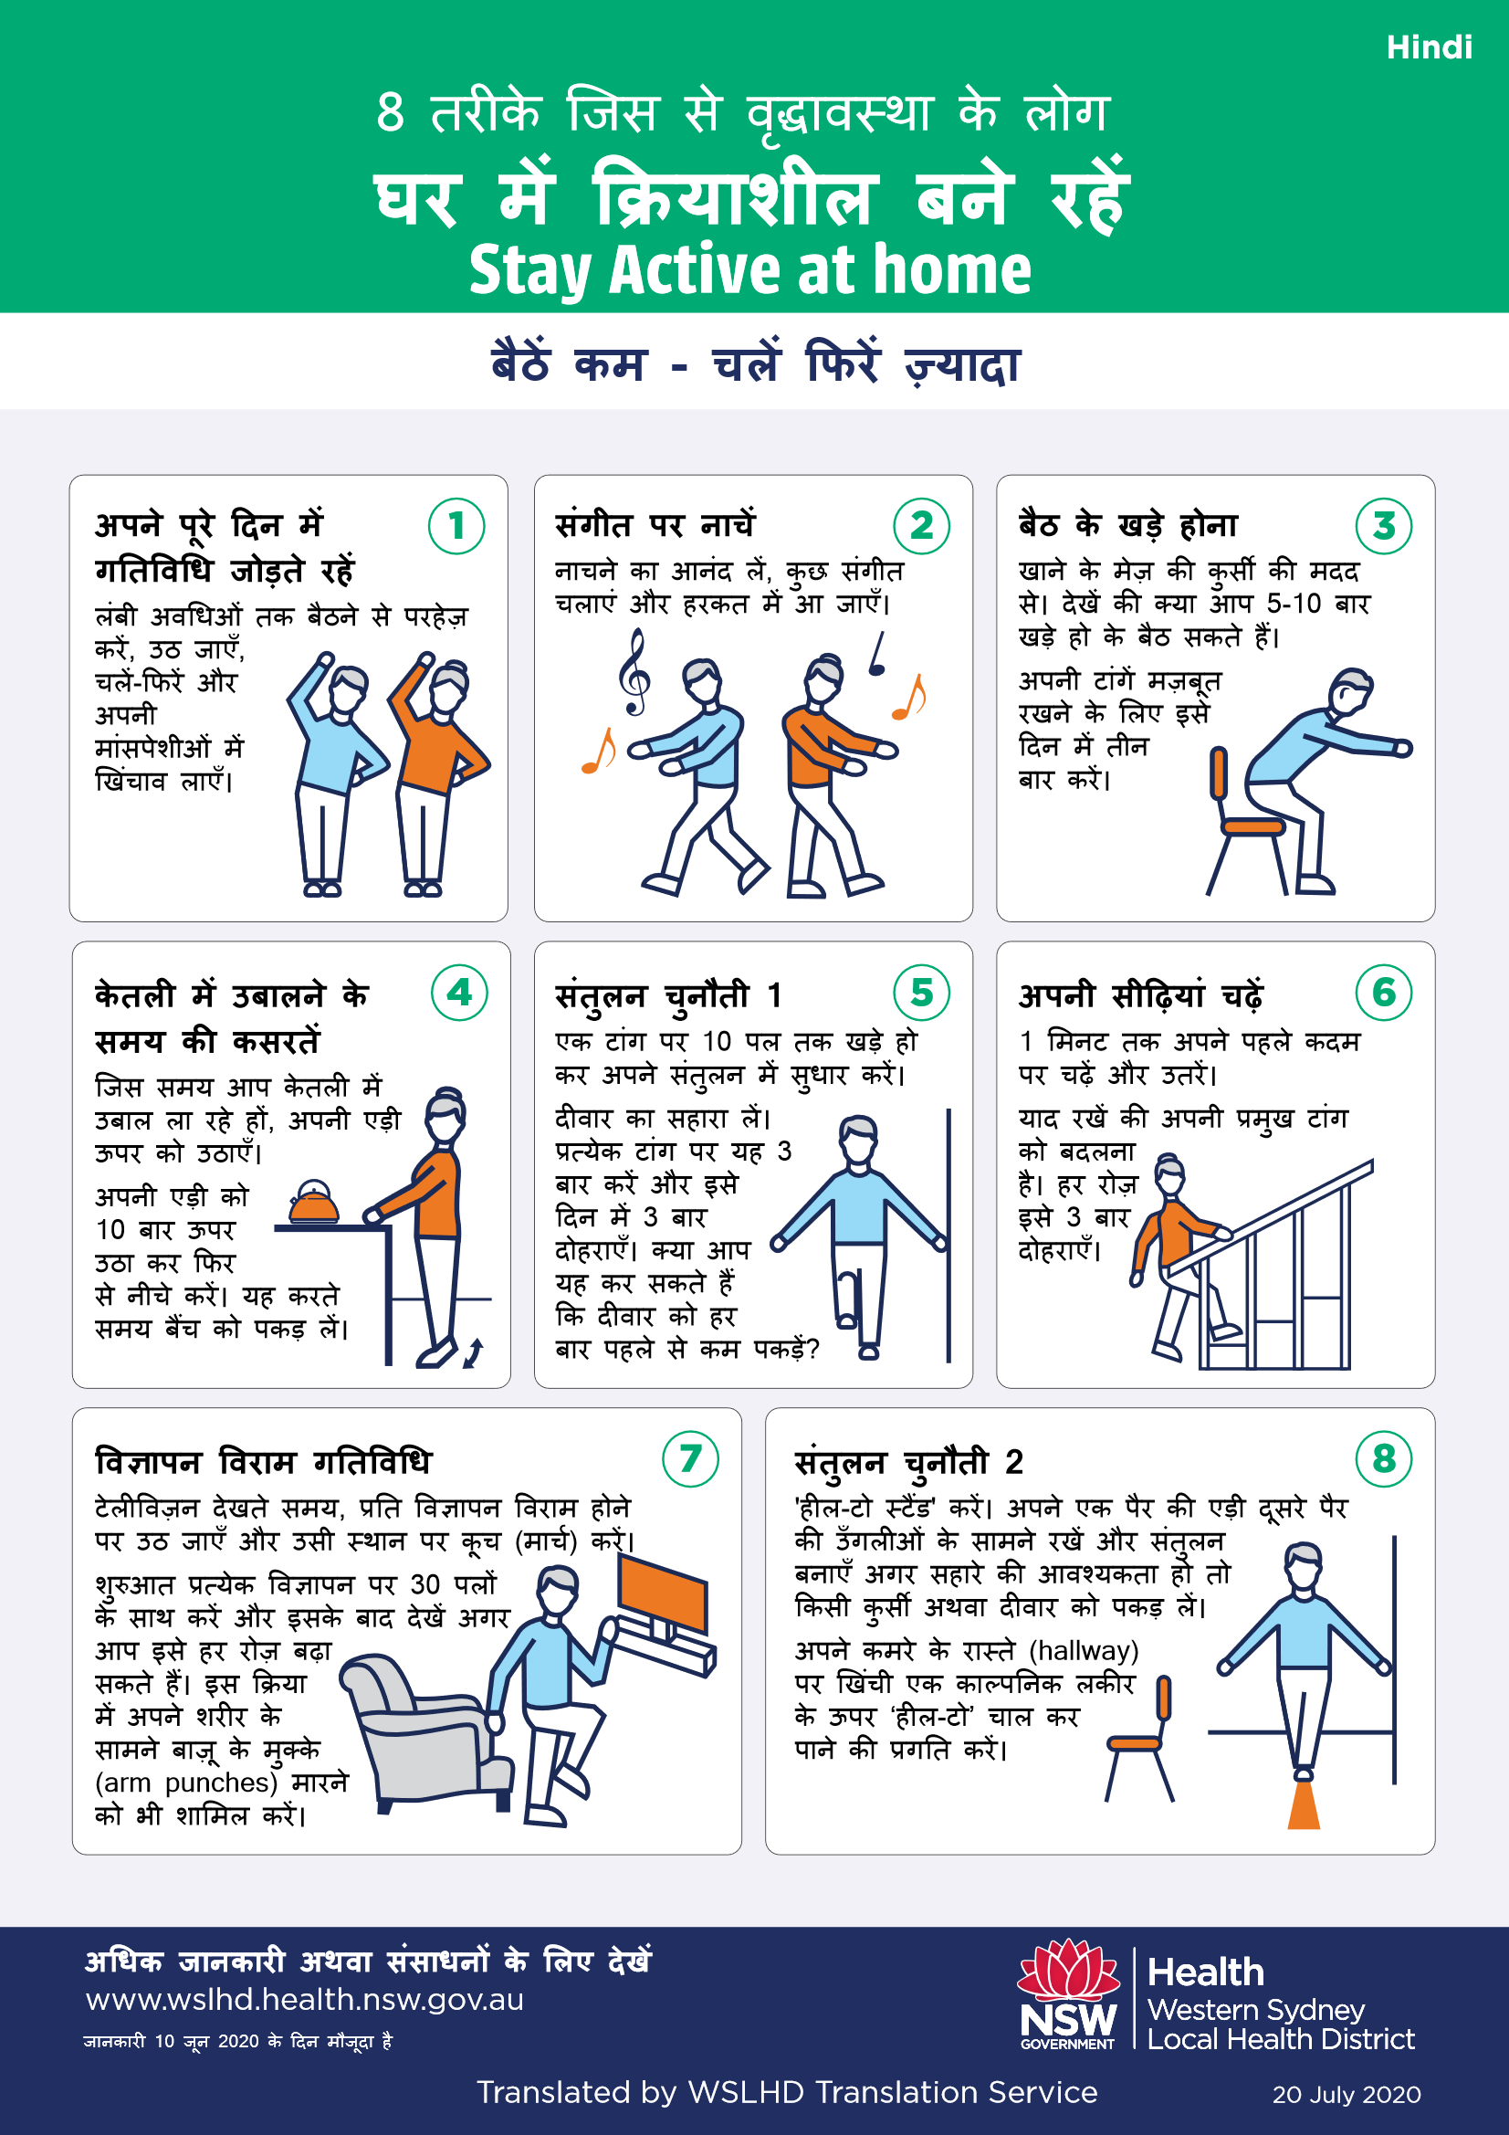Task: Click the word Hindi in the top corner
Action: pos(1428,47)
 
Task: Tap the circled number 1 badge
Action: pos(456,526)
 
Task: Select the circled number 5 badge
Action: pos(920,993)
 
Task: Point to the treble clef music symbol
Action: pos(635,671)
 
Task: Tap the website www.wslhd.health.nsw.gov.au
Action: pos(304,1999)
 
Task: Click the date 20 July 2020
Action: pos(1346,2095)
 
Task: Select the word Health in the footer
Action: pos(1205,1972)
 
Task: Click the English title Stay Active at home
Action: pos(749,270)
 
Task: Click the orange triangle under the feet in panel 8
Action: pos(1304,1805)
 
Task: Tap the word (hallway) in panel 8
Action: pos(1084,1649)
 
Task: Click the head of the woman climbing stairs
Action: pos(1169,1175)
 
